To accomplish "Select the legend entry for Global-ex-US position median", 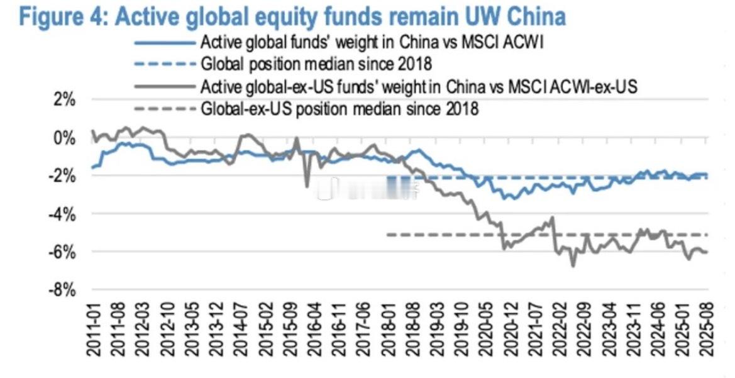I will (x=340, y=109).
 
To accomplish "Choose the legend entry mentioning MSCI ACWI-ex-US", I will (x=419, y=87).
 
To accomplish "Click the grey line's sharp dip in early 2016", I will (x=307, y=186).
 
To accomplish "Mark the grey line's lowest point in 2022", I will (x=573, y=266).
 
